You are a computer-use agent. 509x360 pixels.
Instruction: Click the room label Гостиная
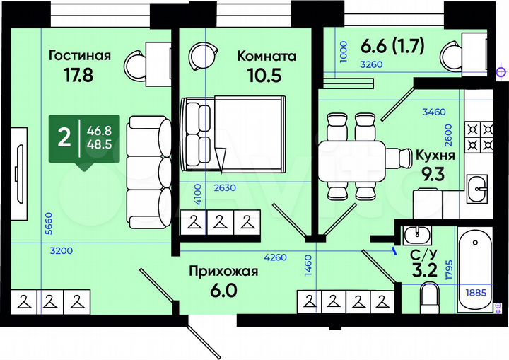click(80, 56)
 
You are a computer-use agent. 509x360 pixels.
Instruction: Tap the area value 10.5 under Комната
click(266, 76)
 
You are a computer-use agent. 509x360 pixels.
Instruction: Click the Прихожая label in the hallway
click(223, 271)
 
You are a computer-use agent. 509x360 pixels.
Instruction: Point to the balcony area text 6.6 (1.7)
click(392, 47)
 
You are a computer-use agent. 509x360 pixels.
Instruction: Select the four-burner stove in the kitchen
click(479, 138)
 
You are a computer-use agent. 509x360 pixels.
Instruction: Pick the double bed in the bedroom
click(230, 134)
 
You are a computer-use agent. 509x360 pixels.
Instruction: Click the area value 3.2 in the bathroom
click(423, 268)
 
